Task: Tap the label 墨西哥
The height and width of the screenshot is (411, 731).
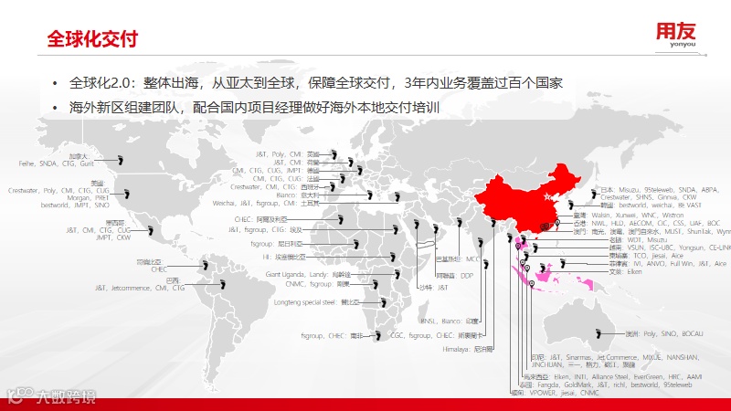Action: coord(114,222)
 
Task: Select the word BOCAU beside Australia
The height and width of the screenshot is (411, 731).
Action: coord(690,334)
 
